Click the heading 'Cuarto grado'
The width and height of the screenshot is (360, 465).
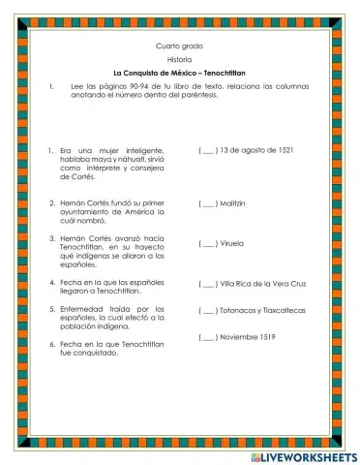point(179,46)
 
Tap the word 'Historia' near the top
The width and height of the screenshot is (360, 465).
point(179,60)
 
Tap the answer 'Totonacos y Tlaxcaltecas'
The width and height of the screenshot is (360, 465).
point(261,311)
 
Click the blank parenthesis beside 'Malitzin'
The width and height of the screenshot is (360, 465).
point(208,204)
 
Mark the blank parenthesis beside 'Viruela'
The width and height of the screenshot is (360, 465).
point(208,243)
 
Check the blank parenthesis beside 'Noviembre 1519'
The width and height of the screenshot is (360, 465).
point(208,337)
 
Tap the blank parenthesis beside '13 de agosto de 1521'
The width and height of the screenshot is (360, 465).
point(208,150)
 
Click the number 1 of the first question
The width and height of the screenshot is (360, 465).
point(49,150)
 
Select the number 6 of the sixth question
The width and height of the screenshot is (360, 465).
point(49,344)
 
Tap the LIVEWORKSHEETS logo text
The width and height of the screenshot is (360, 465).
point(304,454)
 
